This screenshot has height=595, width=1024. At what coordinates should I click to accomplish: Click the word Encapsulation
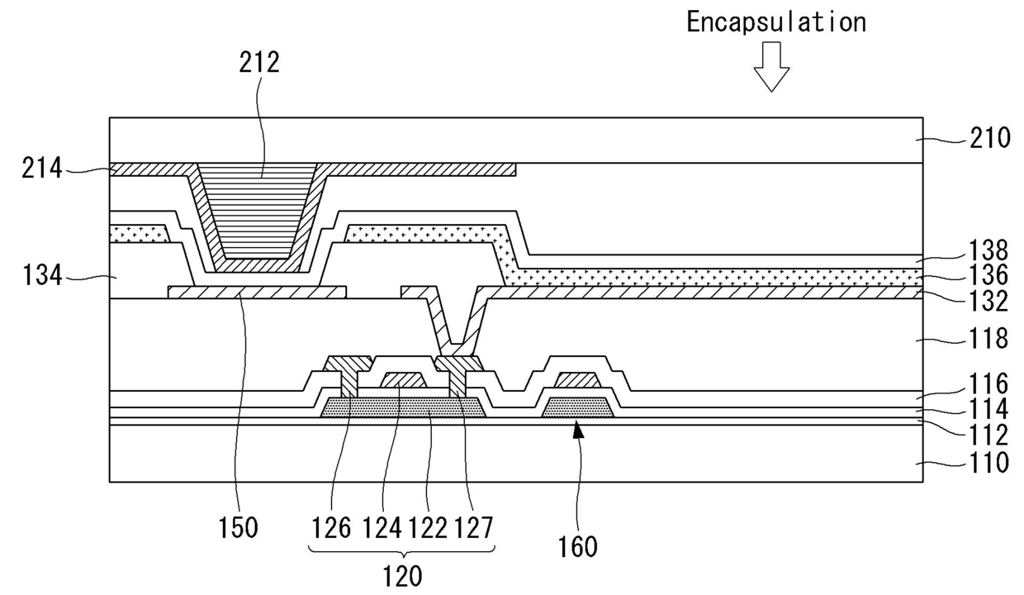coord(776,22)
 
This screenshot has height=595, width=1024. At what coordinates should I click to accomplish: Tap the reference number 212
coord(261,63)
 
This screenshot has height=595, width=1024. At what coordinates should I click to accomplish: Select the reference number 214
coord(43,169)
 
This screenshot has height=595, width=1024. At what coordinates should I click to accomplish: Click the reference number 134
coord(43,276)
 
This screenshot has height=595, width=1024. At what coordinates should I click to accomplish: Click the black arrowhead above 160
coord(576,427)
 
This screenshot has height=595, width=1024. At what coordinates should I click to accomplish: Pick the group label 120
coord(402,574)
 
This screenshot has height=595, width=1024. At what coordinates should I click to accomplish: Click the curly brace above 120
coord(402,550)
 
